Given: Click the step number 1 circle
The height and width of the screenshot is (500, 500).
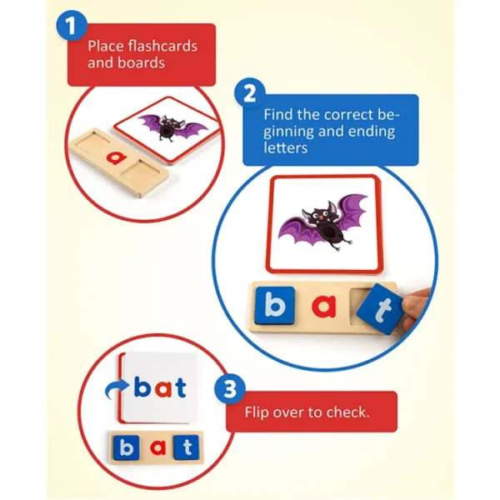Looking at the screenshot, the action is click(x=72, y=26).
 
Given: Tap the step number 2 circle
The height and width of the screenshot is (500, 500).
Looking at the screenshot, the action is click(x=250, y=94).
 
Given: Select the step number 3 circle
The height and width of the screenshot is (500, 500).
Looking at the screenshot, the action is click(x=230, y=389).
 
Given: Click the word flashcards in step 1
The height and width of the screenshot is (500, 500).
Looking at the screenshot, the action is click(x=162, y=46).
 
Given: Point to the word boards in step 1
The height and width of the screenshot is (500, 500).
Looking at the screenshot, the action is click(x=142, y=62).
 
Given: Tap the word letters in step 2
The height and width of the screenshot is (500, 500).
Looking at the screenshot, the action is click(x=285, y=148).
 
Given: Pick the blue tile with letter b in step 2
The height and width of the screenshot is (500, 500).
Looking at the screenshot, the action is click(x=275, y=306).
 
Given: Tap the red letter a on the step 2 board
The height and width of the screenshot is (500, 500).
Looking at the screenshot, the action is click(x=323, y=306).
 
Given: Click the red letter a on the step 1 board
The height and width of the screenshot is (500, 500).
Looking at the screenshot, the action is click(x=117, y=157).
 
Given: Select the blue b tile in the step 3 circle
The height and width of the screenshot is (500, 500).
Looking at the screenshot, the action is click(x=127, y=447).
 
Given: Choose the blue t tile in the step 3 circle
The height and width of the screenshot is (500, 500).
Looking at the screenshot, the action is click(x=187, y=447).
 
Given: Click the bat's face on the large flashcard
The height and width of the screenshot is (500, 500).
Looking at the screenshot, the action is click(x=319, y=217).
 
